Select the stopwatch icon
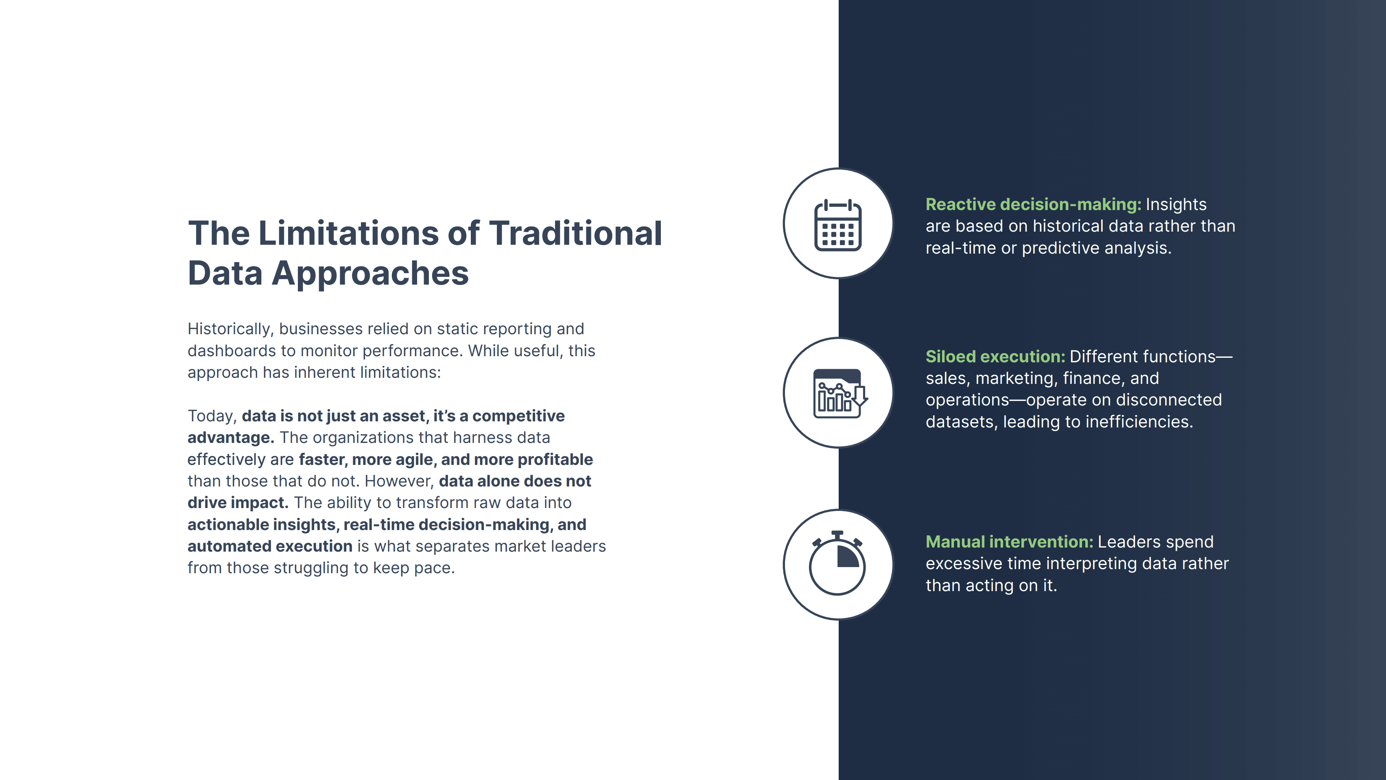click(x=837, y=563)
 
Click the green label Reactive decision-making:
click(x=1033, y=204)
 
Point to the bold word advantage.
click(x=231, y=438)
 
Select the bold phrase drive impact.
click(x=238, y=503)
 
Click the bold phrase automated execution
click(x=269, y=546)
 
